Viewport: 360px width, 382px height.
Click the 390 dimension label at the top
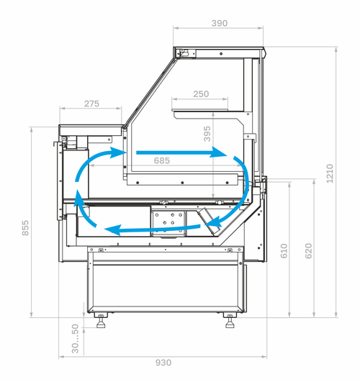tap(220, 24)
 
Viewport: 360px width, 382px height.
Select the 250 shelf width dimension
tap(201, 94)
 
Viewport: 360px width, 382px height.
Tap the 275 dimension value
tap(91, 104)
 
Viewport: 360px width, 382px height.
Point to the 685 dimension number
tap(162, 161)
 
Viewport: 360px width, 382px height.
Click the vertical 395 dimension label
tap(207, 134)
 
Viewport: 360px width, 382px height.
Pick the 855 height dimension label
tap(25, 228)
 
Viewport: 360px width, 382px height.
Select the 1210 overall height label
tap(330, 173)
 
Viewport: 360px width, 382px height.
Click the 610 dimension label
tap(284, 250)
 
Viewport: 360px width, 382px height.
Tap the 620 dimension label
tap(309, 250)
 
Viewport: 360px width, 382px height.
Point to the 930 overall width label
tap(163, 363)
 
